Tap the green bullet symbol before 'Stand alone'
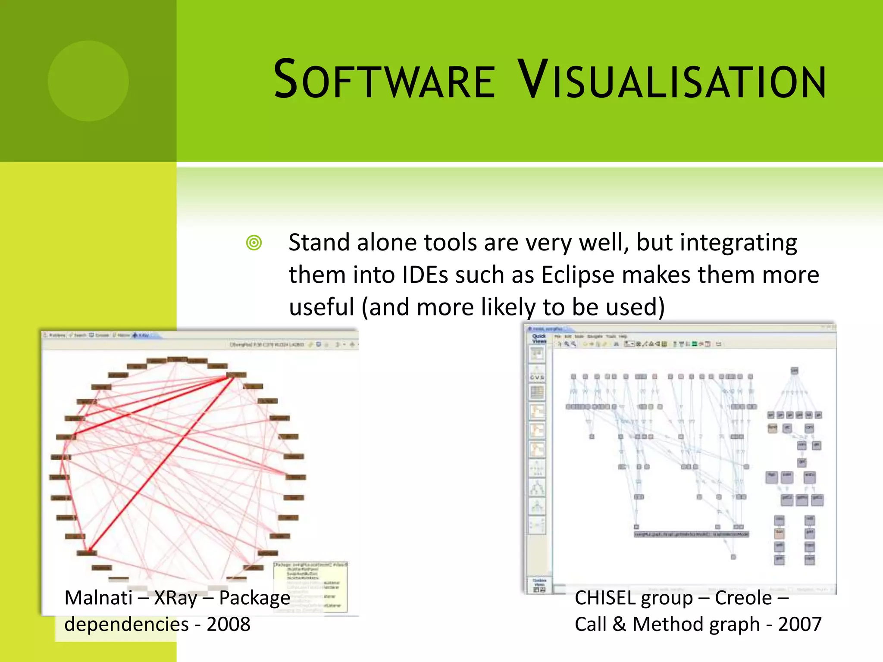[x=254, y=243]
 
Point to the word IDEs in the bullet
[x=425, y=275]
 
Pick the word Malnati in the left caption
[x=98, y=598]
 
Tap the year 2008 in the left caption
[x=229, y=624]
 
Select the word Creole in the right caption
[x=743, y=598]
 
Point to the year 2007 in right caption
[x=800, y=624]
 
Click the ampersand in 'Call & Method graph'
[x=619, y=625]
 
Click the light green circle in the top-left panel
[x=88, y=81]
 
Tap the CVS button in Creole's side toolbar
[x=537, y=378]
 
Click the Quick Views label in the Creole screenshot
[x=539, y=338]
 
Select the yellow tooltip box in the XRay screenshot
[x=311, y=586]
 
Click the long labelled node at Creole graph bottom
[x=691, y=534]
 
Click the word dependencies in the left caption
[x=126, y=624]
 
